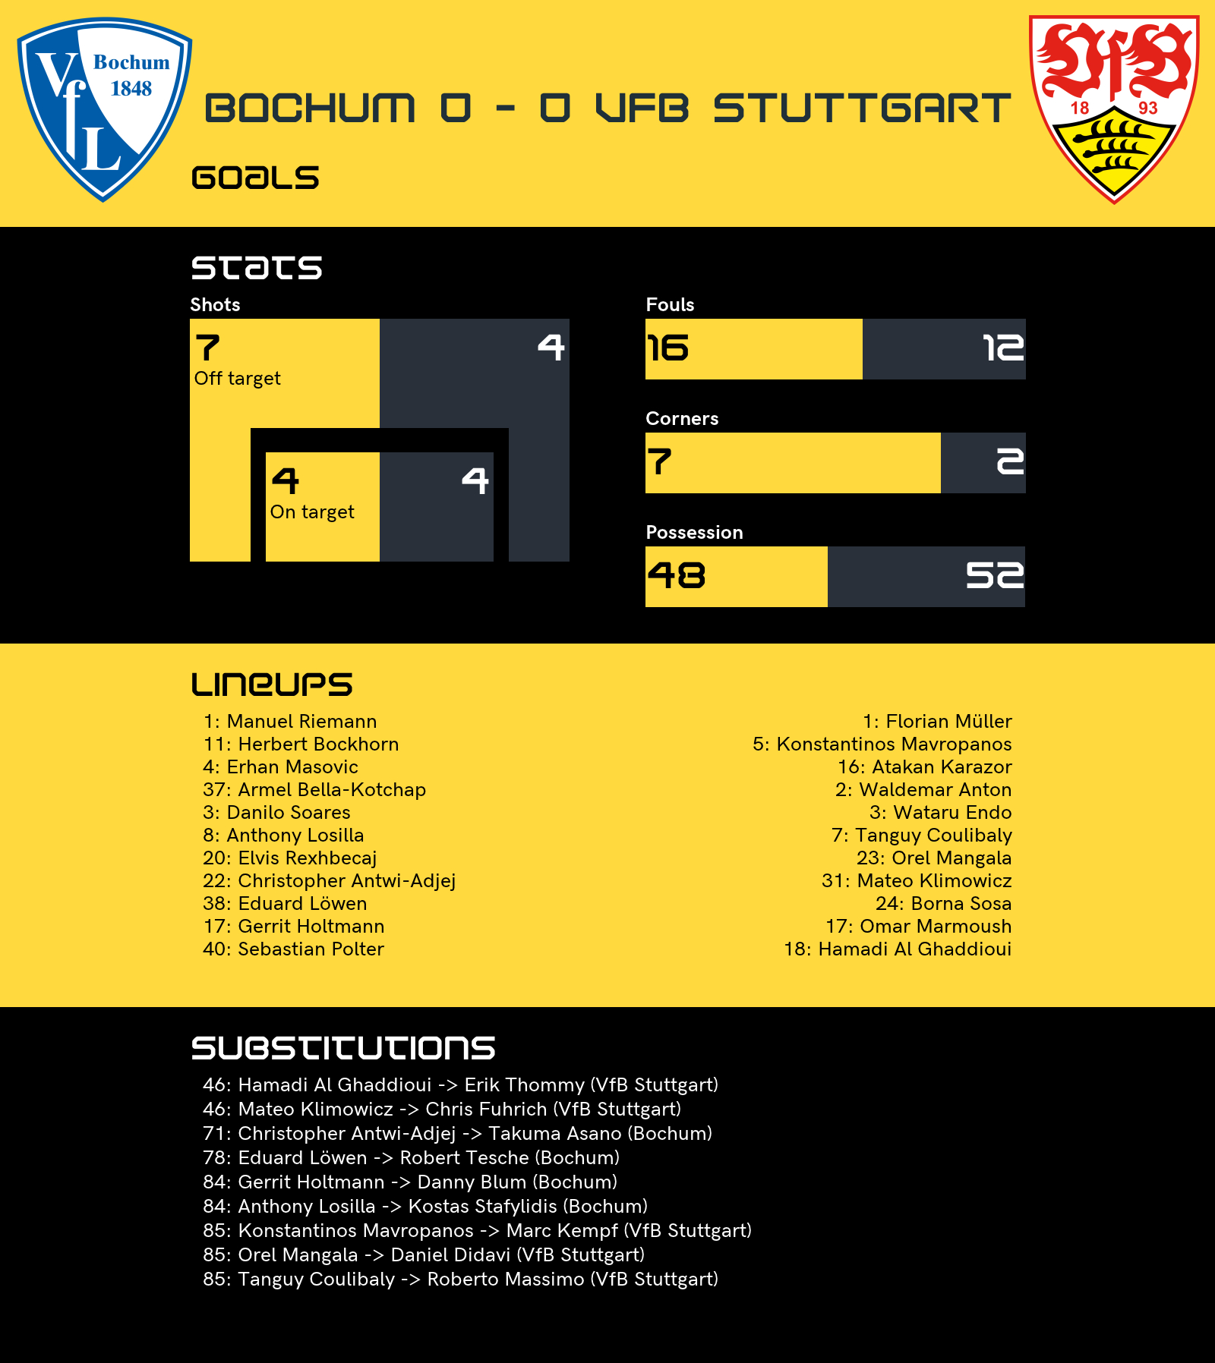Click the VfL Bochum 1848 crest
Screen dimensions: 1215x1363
coord(105,109)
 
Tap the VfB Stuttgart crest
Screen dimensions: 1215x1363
coord(1114,109)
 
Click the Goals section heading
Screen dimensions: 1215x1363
coord(255,178)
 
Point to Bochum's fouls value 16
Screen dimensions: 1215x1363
coord(668,348)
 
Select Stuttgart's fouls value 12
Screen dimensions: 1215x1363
coord(1003,348)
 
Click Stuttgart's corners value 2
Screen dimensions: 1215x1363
coord(1010,462)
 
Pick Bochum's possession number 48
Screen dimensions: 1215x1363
coord(677,576)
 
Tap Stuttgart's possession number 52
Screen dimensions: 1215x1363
coord(995,576)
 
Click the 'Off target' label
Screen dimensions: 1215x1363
coord(238,379)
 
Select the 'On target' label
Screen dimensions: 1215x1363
coord(312,512)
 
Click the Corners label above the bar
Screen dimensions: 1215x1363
coord(682,418)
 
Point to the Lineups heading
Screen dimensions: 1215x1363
coord(272,684)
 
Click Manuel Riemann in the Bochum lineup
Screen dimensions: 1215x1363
coord(290,722)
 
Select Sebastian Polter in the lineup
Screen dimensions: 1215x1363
coord(294,949)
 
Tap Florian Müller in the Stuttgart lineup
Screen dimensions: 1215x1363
coord(937,722)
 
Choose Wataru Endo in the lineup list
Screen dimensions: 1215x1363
coord(941,813)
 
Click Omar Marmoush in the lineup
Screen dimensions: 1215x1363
coord(919,927)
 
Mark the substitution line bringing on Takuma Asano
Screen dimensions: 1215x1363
coord(458,1134)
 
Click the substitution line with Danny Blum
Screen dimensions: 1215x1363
coord(410,1182)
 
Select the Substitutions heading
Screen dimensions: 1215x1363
coord(343,1048)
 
